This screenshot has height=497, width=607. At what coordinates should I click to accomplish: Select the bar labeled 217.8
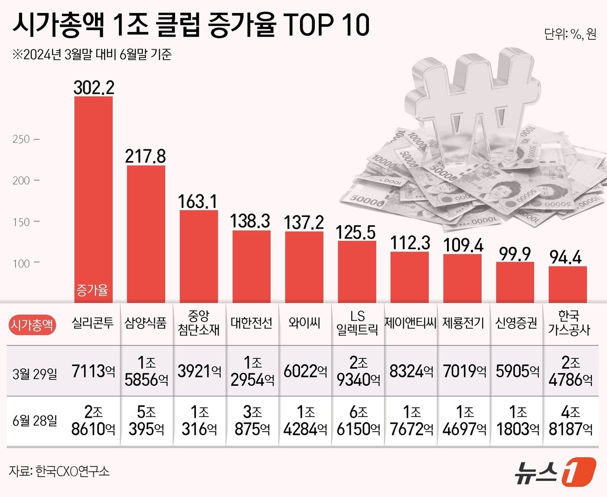[x=146, y=234]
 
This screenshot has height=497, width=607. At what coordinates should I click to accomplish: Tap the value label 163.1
[x=198, y=202]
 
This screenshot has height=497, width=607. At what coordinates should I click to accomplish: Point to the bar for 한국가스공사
[x=568, y=284]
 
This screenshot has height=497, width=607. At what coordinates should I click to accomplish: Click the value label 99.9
[x=515, y=254]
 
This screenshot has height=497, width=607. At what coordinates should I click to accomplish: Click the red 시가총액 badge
[x=33, y=325]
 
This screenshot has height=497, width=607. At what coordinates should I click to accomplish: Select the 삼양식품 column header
[x=146, y=323]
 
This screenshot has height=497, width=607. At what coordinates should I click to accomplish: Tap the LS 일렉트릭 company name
[x=357, y=323]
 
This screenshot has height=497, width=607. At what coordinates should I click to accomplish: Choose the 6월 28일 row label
[x=35, y=420]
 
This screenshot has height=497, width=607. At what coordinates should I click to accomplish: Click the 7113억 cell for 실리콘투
[x=93, y=371]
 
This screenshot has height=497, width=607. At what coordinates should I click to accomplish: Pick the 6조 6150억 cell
[x=358, y=420]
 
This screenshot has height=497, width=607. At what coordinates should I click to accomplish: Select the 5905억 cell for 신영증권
[x=517, y=371]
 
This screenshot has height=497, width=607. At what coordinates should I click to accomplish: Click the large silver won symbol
[x=473, y=104]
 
